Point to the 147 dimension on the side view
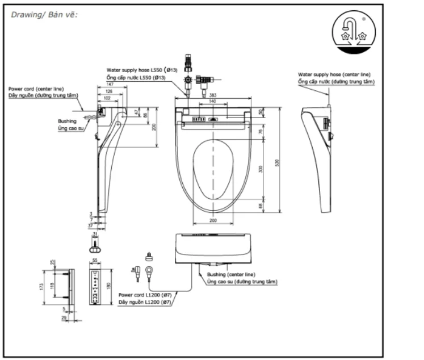click(107, 83)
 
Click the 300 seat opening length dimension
click(261, 169)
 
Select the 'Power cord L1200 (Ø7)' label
click(145, 295)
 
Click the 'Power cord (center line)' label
click(36, 89)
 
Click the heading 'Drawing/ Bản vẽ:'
click(44, 14)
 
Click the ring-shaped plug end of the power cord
click(149, 271)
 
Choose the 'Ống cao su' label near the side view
click(70, 129)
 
